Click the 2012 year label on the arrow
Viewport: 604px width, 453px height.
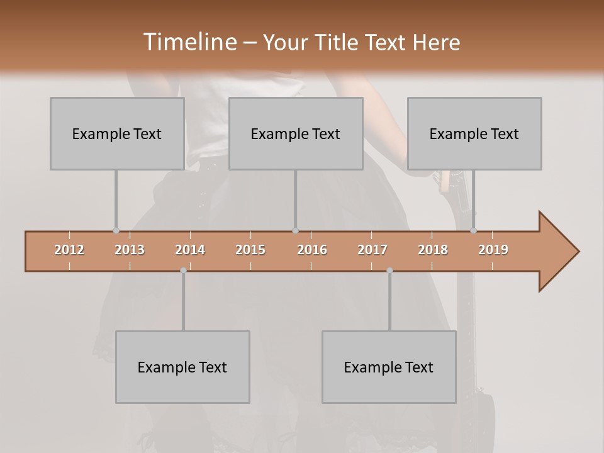pyautogui.click(x=69, y=250)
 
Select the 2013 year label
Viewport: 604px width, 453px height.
pyautogui.click(x=130, y=250)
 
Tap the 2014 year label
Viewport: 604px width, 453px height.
pyautogui.click(x=190, y=250)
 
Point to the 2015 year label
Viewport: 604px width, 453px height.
pyautogui.click(x=250, y=250)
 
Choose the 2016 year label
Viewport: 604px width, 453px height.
pyautogui.click(x=312, y=250)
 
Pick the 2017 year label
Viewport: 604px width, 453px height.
pyautogui.click(x=372, y=250)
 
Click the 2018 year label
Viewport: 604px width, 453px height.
pyautogui.click(x=433, y=250)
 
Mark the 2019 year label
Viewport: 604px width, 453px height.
pyautogui.click(x=493, y=250)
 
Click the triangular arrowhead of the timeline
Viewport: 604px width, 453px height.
pyautogui.click(x=557, y=252)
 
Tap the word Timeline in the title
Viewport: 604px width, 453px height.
pyautogui.click(x=189, y=42)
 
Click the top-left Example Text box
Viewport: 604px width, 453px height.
pyautogui.click(x=117, y=133)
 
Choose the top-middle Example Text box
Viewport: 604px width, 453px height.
pyautogui.click(x=296, y=133)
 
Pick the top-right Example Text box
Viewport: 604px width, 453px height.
pyautogui.click(x=474, y=133)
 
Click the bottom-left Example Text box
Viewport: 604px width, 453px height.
pyautogui.click(x=182, y=367)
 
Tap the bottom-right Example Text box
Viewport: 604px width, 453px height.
pyautogui.click(x=389, y=367)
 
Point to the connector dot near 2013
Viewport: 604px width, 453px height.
pyautogui.click(x=116, y=231)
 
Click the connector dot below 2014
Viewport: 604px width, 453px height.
pyautogui.click(x=183, y=271)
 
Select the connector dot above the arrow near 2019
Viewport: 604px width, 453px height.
pyautogui.click(x=474, y=231)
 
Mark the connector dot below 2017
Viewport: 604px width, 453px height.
pyautogui.click(x=389, y=271)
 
